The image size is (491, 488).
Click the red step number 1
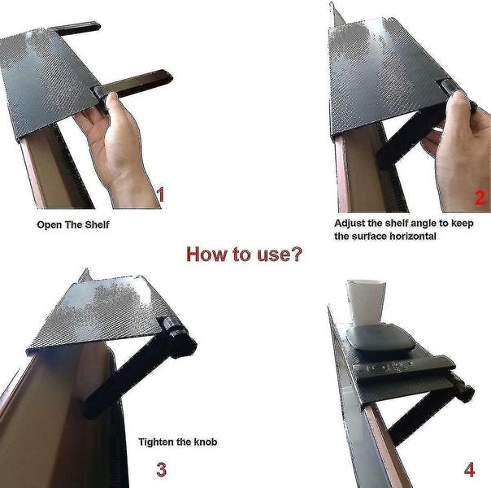161,194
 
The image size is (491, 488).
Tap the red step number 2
480,198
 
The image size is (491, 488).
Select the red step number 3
161,469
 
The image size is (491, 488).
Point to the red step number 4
469,470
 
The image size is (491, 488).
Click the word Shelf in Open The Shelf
97,224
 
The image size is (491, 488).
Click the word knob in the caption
206,442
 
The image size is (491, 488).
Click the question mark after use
296,254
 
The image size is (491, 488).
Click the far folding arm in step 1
75,28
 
